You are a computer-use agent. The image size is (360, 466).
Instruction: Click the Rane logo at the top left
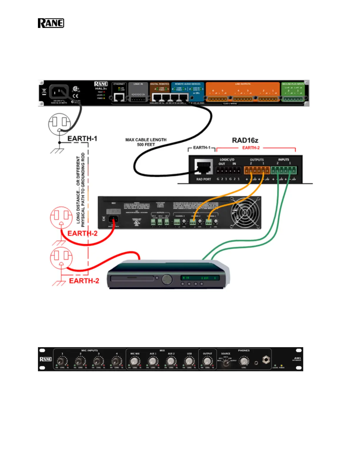(51, 23)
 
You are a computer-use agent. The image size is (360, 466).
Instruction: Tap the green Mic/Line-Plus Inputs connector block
(293, 99)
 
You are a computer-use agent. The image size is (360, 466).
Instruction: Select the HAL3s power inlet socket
(59, 92)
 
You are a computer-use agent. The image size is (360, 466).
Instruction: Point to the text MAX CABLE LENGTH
(146, 140)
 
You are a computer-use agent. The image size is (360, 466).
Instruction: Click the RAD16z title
(245, 140)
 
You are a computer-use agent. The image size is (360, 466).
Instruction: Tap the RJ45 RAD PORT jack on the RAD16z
(204, 167)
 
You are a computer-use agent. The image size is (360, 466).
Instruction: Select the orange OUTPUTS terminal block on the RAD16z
(257, 170)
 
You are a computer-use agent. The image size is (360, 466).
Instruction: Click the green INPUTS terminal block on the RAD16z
(284, 170)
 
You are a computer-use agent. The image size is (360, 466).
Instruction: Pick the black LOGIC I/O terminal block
(228, 170)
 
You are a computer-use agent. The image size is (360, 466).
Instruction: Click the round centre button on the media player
(167, 279)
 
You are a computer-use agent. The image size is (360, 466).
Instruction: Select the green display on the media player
(200, 278)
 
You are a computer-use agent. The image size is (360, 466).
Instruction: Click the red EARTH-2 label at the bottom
(84, 281)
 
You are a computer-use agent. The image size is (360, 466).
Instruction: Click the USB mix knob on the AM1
(189, 361)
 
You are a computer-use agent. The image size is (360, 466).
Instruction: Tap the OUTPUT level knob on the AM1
(207, 361)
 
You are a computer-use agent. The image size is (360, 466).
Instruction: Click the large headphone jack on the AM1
(266, 360)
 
